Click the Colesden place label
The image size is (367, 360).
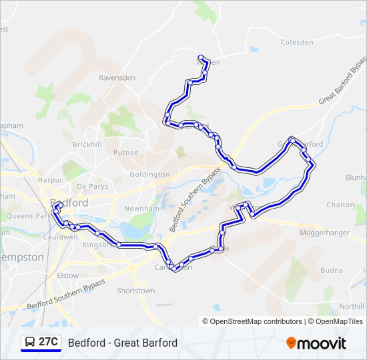click(x=296, y=42)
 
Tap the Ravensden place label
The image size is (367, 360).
click(x=117, y=78)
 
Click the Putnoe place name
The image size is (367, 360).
click(x=126, y=153)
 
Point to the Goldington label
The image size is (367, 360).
click(x=149, y=175)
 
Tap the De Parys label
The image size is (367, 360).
click(x=92, y=186)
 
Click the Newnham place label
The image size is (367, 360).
click(x=139, y=208)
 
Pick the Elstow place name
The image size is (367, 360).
click(x=67, y=275)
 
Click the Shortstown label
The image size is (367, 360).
click(x=135, y=291)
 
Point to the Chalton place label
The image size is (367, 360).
click(x=340, y=205)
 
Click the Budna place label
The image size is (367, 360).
click(x=332, y=271)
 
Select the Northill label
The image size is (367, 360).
click(x=351, y=306)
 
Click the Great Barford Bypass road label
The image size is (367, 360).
click(x=344, y=82)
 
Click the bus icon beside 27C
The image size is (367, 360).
click(x=31, y=343)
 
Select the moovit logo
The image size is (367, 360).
click(x=316, y=343)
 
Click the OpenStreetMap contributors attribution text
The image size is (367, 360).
click(x=256, y=321)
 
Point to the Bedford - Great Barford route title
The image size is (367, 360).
click(x=123, y=343)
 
